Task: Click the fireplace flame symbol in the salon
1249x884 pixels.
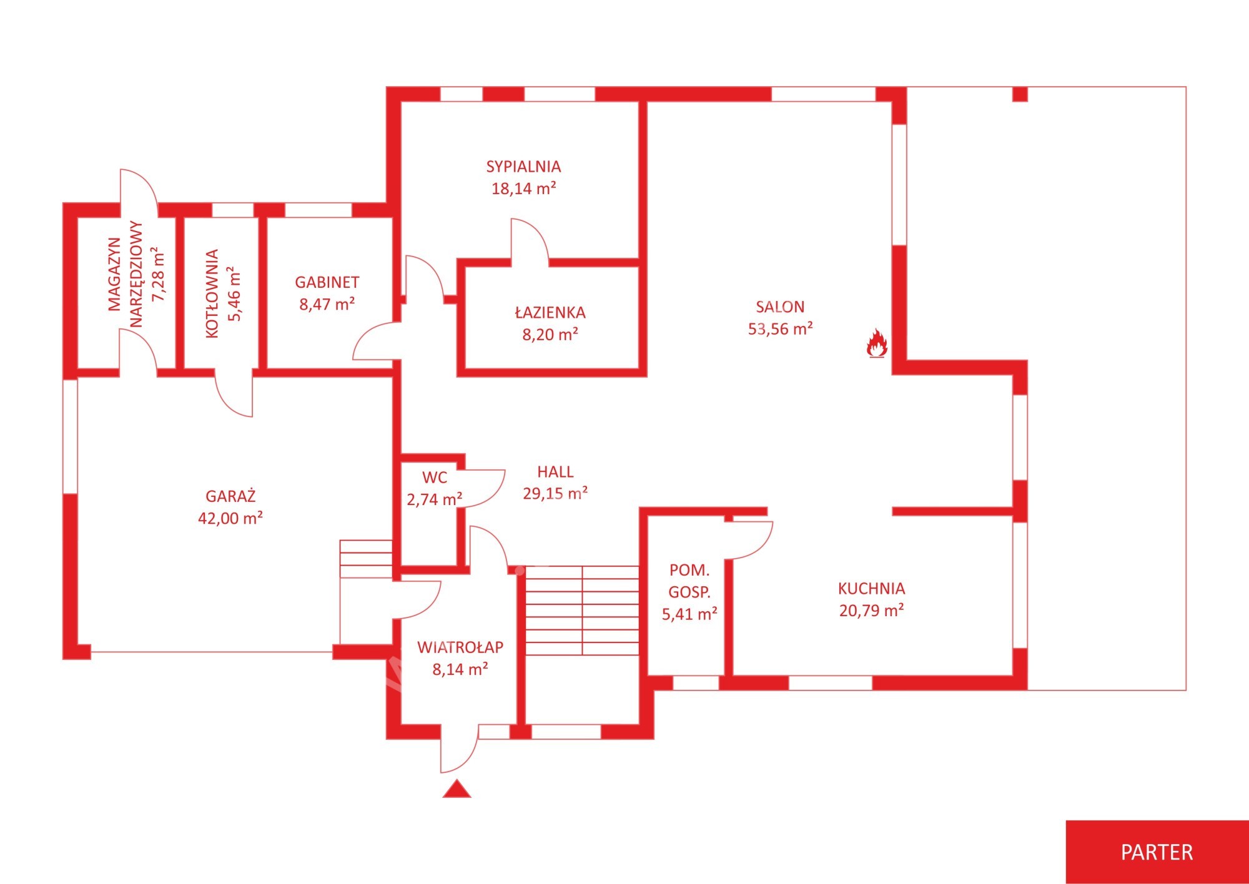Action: click(877, 343)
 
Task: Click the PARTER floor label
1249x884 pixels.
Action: click(1157, 852)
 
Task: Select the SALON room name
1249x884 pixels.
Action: click(780, 307)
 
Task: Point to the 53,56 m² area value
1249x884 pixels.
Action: click(780, 328)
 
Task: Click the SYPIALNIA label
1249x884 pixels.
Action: click(523, 167)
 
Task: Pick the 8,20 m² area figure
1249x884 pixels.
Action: click(550, 334)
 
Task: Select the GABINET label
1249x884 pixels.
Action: click(327, 282)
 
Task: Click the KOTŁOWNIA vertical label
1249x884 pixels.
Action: click(212, 294)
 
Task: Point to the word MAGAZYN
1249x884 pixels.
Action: click(114, 274)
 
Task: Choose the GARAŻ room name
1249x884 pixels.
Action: click(230, 496)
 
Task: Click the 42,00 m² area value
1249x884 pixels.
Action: click(230, 518)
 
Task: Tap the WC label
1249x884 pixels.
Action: click(435, 478)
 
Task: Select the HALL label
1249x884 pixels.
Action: click(555, 471)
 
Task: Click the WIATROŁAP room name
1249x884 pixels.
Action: click(460, 647)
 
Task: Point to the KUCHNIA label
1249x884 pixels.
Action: click(871, 588)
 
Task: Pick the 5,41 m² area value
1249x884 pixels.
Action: click(689, 614)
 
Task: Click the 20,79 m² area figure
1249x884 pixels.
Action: click(871, 610)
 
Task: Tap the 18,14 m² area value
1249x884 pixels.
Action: click(523, 188)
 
